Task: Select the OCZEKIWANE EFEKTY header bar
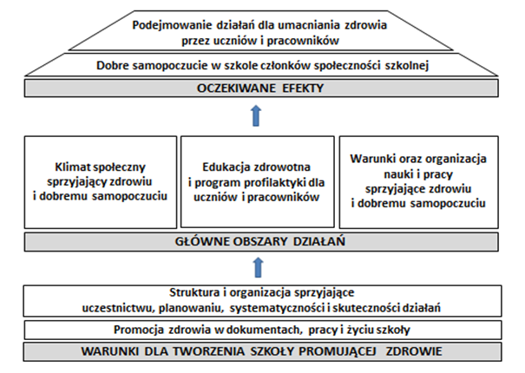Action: pos(263,87)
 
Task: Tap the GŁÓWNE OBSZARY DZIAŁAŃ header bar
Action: pos(263,241)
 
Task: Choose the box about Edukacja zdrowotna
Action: pos(263,181)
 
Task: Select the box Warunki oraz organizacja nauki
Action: pos(420,181)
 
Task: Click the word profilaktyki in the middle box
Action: pos(285,181)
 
